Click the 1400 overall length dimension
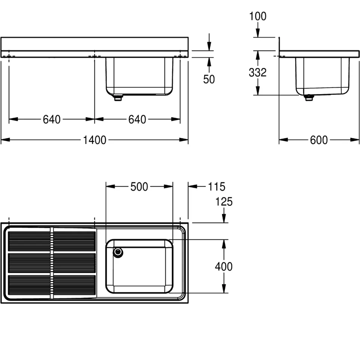94,140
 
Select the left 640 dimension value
52,119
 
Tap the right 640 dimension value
137,119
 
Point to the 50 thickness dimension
209,79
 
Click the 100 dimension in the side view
258,16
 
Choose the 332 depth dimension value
258,72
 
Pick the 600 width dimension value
319,140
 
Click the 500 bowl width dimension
139,187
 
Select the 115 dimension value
216,187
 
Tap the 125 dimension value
224,202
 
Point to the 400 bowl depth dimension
224,267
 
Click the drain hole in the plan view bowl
118,252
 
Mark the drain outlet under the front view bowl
118,98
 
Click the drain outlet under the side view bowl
309,97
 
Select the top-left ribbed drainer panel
29,241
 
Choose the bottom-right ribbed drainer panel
74,285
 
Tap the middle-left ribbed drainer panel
29,263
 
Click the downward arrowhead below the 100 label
258,33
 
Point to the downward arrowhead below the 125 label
224,218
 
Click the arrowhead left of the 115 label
193,186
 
